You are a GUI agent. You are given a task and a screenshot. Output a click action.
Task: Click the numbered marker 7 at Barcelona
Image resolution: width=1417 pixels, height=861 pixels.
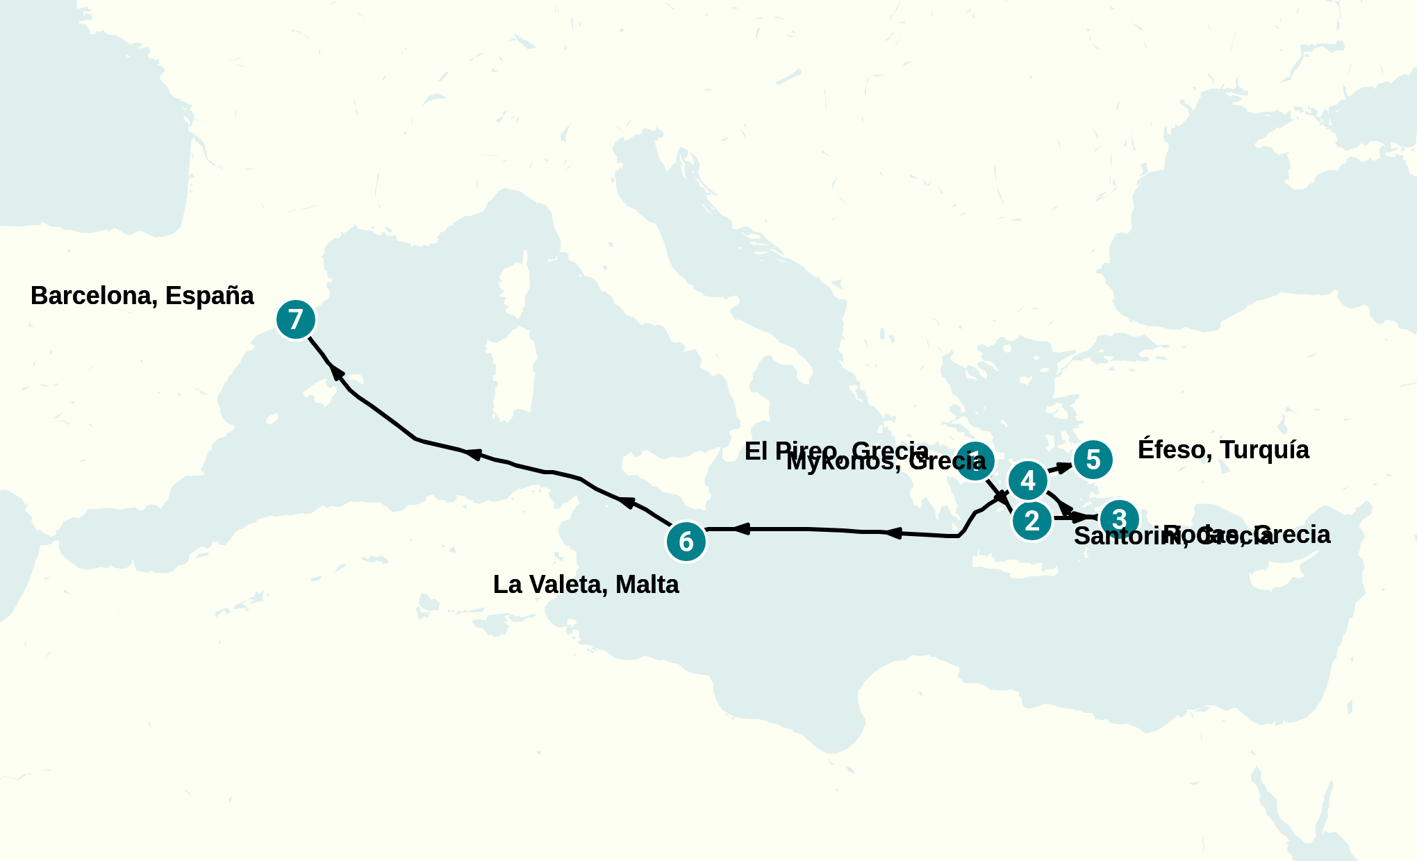point(296,319)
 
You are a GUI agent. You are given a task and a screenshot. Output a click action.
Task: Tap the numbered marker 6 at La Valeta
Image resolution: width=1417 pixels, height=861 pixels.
point(686,542)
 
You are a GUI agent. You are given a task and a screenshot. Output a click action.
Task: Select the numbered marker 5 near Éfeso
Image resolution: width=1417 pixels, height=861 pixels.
point(1093,460)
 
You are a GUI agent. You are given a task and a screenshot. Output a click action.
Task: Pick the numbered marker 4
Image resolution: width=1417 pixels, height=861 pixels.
point(1028,480)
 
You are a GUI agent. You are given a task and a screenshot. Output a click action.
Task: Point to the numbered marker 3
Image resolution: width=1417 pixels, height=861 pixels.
point(1119,519)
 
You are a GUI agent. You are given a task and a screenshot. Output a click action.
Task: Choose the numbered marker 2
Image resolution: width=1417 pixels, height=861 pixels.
point(1032,521)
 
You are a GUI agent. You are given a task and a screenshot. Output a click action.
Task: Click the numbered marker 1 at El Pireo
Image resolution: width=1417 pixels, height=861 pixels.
point(975,460)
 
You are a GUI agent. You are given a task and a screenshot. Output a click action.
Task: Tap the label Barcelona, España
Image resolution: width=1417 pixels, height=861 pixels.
point(142,296)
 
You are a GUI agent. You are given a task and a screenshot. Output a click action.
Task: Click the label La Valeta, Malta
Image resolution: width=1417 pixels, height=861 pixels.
point(586,585)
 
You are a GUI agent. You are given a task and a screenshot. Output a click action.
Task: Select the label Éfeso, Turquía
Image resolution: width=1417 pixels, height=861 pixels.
point(1223,450)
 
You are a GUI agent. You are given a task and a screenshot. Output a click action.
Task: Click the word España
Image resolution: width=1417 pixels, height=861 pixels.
point(210,296)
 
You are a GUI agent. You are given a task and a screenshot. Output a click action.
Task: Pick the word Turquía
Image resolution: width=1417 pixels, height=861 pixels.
point(1264,450)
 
